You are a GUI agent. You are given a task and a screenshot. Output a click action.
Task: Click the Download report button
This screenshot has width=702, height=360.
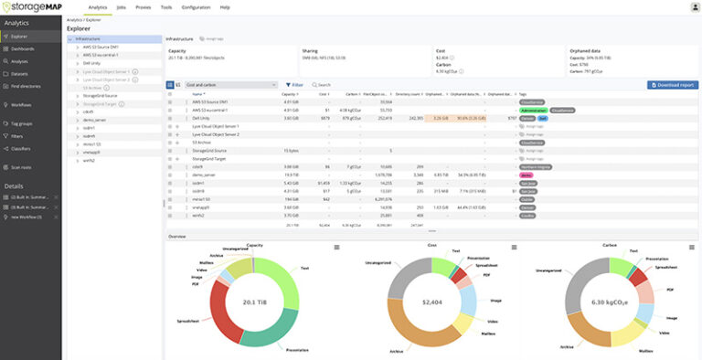[672, 84]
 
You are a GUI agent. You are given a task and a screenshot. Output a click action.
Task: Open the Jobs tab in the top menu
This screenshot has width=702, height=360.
[122, 6]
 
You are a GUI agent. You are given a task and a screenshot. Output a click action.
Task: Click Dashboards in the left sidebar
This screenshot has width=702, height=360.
[24, 48]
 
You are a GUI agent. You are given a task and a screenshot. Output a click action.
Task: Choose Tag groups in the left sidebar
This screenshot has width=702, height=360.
[23, 122]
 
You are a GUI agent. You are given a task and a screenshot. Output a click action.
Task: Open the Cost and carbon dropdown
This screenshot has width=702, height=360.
[230, 84]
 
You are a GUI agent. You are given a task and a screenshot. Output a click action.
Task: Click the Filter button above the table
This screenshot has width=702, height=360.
[294, 84]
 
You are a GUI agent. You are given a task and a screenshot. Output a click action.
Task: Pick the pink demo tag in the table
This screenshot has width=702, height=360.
[526, 174]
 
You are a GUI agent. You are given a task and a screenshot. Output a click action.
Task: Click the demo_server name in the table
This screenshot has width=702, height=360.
[204, 174]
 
